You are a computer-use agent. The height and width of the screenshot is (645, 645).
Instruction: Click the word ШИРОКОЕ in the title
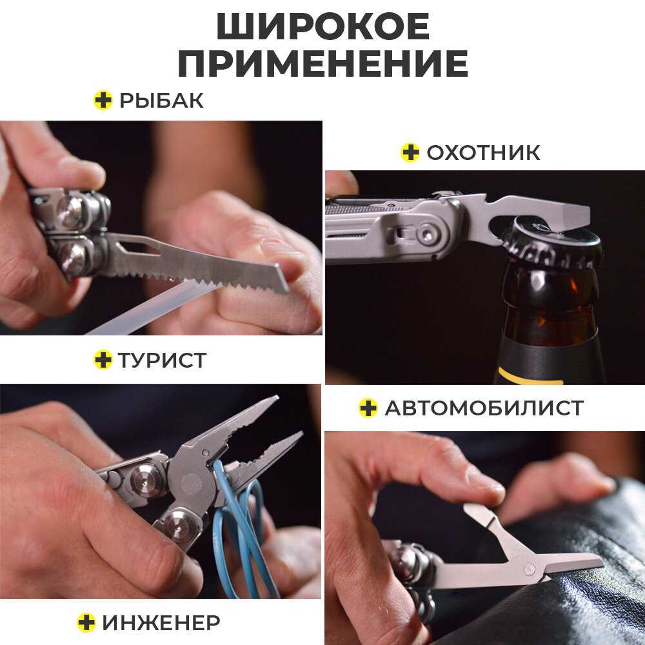pyautogui.click(x=323, y=26)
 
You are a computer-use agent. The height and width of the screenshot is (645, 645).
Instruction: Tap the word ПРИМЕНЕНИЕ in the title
pyautogui.click(x=323, y=64)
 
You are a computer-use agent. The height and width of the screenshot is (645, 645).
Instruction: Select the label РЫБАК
pyautogui.click(x=161, y=101)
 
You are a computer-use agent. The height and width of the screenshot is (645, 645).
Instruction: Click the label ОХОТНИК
pyautogui.click(x=483, y=153)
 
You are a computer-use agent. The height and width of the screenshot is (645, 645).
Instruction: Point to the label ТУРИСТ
pyautogui.click(x=162, y=361)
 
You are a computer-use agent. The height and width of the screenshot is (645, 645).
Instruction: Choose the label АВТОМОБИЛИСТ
pyautogui.click(x=484, y=408)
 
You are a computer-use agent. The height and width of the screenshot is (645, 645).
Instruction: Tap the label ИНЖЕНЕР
pyautogui.click(x=161, y=622)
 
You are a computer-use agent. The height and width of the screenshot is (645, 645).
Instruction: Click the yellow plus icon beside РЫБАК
pyautogui.click(x=103, y=101)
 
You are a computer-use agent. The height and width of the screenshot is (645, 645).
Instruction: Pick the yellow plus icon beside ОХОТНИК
pyautogui.click(x=410, y=153)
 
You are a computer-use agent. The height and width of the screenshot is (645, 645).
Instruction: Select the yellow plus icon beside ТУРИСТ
pyautogui.click(x=103, y=361)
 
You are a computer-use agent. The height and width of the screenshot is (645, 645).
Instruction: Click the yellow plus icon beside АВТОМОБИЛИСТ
pyautogui.click(x=368, y=408)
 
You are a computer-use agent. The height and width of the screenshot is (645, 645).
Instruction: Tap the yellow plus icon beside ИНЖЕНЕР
pyautogui.click(x=86, y=622)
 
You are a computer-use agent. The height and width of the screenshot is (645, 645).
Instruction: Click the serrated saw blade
pyautogui.click(x=197, y=264)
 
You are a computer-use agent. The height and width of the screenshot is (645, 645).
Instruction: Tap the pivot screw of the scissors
pyautogui.click(x=530, y=570)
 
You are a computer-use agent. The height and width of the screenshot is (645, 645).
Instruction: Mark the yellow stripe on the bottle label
pyautogui.click(x=531, y=377)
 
